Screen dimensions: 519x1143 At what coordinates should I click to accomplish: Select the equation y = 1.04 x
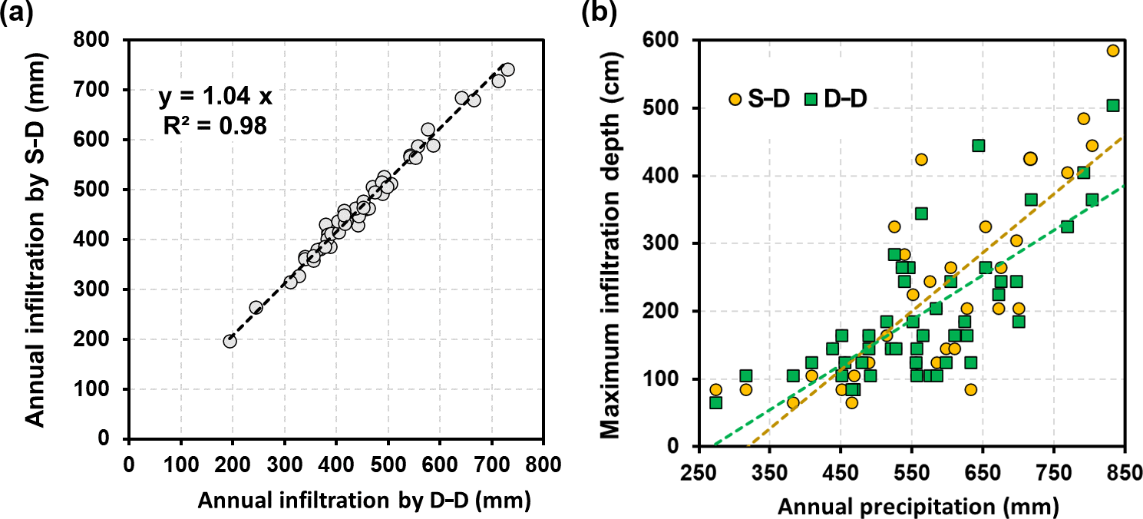click(x=215, y=98)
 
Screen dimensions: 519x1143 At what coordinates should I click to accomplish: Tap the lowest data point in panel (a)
click(x=230, y=341)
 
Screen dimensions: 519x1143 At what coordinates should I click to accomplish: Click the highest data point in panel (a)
click(x=507, y=69)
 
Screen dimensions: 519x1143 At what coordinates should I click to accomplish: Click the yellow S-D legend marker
click(x=735, y=98)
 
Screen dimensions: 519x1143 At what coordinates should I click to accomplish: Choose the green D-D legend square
click(x=811, y=98)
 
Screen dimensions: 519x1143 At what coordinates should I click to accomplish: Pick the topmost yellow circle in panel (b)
click(x=1113, y=51)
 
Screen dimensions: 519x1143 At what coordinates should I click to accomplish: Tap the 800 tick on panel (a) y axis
click(x=107, y=40)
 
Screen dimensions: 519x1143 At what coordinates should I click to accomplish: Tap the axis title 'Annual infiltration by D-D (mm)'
click(x=365, y=500)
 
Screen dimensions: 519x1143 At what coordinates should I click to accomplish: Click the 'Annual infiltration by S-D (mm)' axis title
click(x=35, y=240)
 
